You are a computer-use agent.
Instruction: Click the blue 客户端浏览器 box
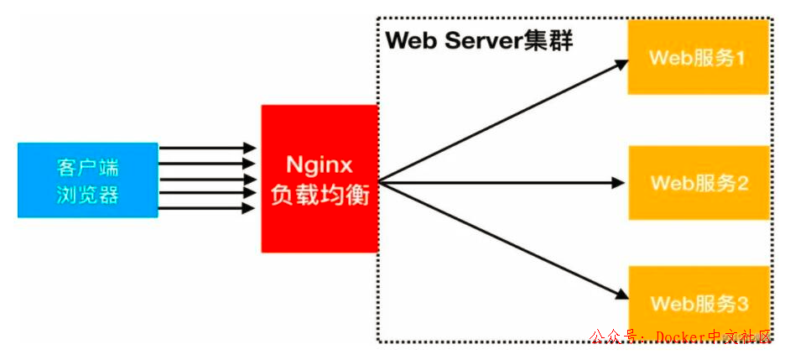point(87,180)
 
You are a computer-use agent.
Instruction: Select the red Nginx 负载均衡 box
point(319,178)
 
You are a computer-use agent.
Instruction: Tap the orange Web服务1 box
point(698,58)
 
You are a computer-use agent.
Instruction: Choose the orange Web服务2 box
point(698,182)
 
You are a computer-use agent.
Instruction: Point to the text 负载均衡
point(319,196)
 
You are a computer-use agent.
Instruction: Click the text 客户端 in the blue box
point(88,164)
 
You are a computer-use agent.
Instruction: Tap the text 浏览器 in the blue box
point(88,196)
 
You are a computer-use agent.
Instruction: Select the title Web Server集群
point(479,40)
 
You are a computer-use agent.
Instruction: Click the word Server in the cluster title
point(486,40)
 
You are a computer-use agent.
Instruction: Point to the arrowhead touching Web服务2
point(621,181)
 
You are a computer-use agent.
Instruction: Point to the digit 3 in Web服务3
point(742,302)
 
